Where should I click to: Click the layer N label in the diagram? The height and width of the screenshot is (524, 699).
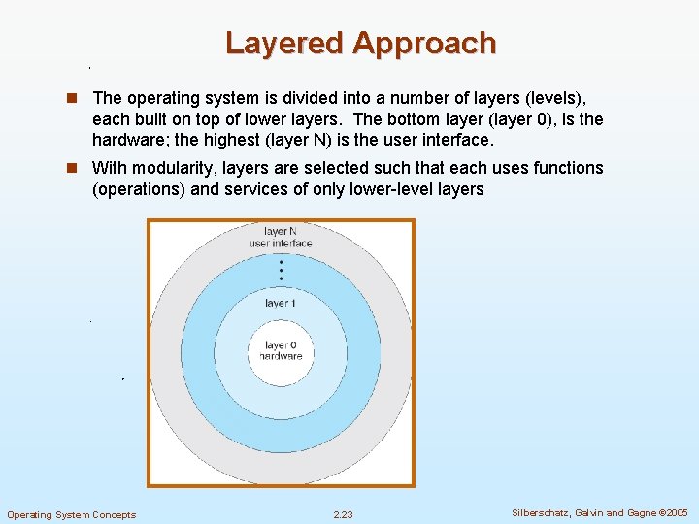point(281,232)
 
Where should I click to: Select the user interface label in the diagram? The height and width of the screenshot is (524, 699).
point(281,243)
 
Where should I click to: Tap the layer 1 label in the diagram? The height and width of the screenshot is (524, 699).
point(281,304)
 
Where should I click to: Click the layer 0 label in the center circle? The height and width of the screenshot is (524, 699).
point(281,345)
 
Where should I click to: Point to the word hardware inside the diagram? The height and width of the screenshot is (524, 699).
point(281,356)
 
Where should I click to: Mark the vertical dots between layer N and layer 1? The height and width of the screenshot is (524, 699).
point(281,269)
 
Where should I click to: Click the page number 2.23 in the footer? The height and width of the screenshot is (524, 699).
point(343,514)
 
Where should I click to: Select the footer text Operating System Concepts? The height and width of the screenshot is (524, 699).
point(72,514)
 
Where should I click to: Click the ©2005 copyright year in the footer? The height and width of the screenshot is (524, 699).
point(673,513)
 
